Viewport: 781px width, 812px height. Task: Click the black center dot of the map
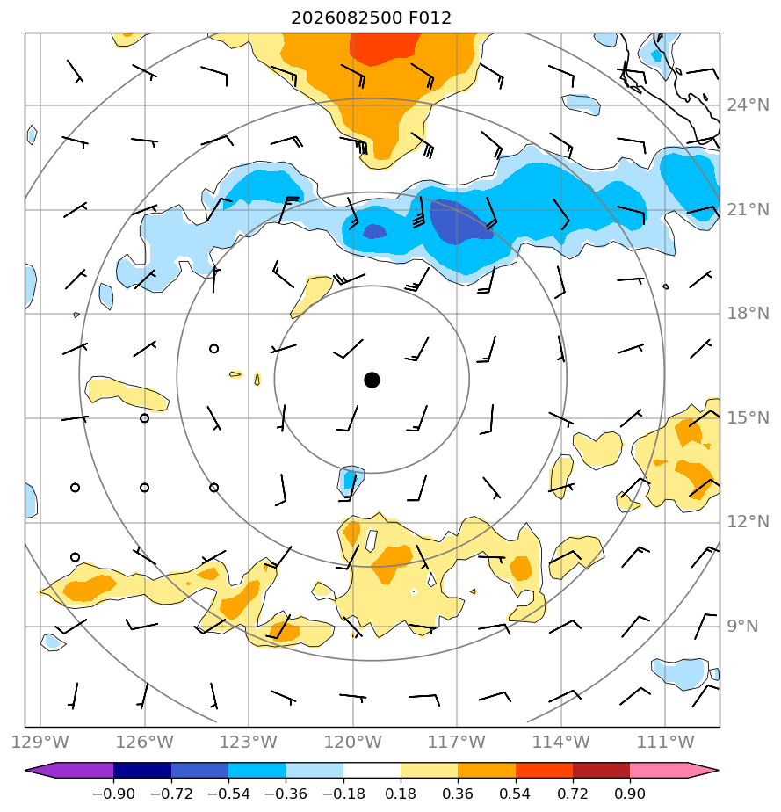pos(372,381)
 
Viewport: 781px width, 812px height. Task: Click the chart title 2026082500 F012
pos(371,18)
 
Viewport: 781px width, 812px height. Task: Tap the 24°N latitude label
pos(748,105)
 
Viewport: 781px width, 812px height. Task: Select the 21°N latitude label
pos(748,210)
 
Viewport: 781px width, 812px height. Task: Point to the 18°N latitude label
pos(748,314)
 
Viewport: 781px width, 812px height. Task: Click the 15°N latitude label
pos(748,417)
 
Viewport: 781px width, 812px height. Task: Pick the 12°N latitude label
pos(748,521)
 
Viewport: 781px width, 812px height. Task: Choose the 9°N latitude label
pos(742,626)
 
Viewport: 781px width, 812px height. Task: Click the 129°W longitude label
pos(40,742)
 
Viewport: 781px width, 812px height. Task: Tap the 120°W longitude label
pos(352,742)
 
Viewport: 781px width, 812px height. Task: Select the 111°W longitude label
pos(665,742)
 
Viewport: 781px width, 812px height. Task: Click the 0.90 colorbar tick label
pos(630,794)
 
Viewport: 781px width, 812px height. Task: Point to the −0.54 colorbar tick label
pos(228,794)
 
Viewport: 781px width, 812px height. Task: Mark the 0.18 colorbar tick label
pos(401,794)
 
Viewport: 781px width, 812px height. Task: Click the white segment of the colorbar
pos(372,770)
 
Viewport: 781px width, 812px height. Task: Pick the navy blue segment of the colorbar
pos(142,770)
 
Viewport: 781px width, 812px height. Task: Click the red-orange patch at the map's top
pos(384,47)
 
